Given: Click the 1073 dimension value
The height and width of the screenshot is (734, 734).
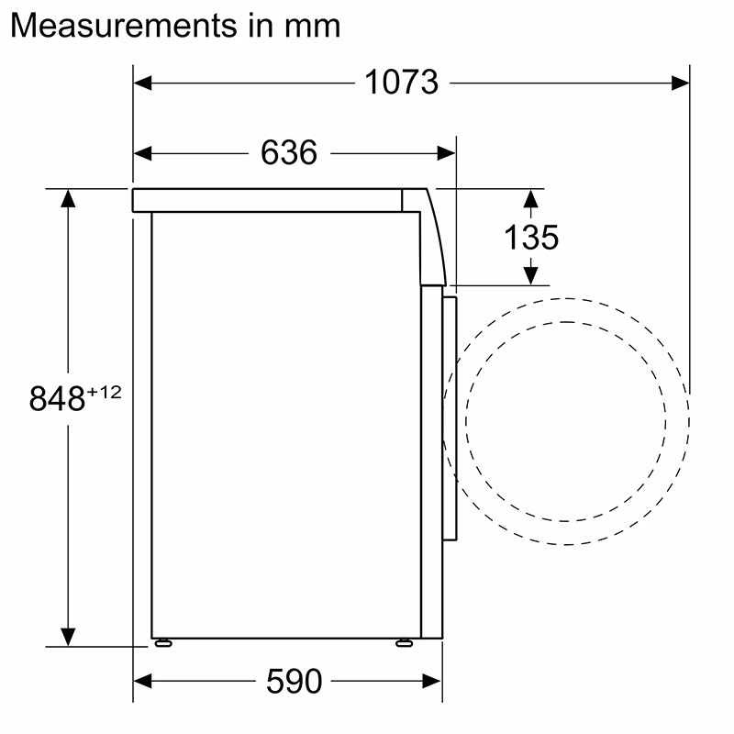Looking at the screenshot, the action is [401, 82].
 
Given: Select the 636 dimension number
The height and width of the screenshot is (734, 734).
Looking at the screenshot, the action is [289, 152].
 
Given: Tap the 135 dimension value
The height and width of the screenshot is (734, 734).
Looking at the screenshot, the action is [531, 237].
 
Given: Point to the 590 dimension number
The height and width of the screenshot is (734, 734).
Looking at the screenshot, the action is [294, 681].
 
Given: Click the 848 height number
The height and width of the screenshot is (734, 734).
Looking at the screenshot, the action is [57, 399].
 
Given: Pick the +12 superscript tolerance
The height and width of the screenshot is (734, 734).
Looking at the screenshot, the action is [105, 392].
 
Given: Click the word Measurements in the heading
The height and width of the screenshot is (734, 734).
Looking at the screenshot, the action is [124, 26].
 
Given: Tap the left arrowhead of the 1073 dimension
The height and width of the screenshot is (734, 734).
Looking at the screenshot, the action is [142, 83].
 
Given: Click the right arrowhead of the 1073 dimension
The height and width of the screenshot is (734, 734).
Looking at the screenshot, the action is [680, 83].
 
